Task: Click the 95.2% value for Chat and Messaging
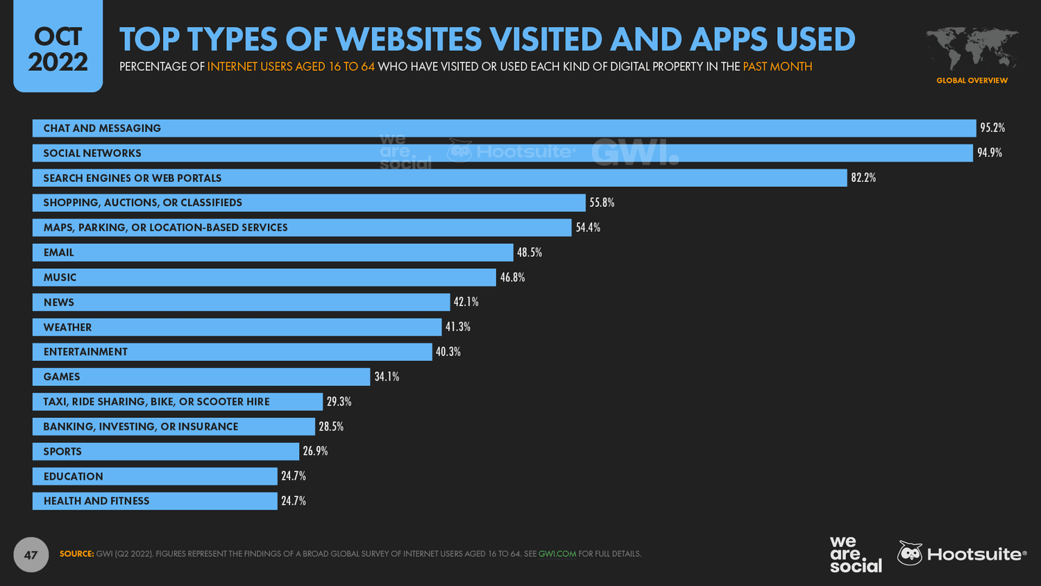(x=992, y=128)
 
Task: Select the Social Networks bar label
(x=92, y=153)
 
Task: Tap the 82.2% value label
(x=863, y=178)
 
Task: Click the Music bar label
(x=60, y=278)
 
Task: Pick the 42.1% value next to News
(x=466, y=302)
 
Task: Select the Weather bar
(x=237, y=327)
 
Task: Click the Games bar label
(x=62, y=377)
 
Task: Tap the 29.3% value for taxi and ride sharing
(x=339, y=401)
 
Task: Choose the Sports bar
(x=166, y=451)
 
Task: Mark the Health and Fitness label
(x=96, y=501)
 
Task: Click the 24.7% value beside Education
(x=294, y=476)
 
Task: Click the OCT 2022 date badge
(x=58, y=49)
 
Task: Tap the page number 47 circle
(x=31, y=555)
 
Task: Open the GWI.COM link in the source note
(x=557, y=554)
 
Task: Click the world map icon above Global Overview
(x=972, y=48)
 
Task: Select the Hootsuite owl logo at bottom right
(x=910, y=553)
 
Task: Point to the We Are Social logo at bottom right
(x=855, y=554)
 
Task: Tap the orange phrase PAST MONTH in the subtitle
(x=777, y=67)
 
